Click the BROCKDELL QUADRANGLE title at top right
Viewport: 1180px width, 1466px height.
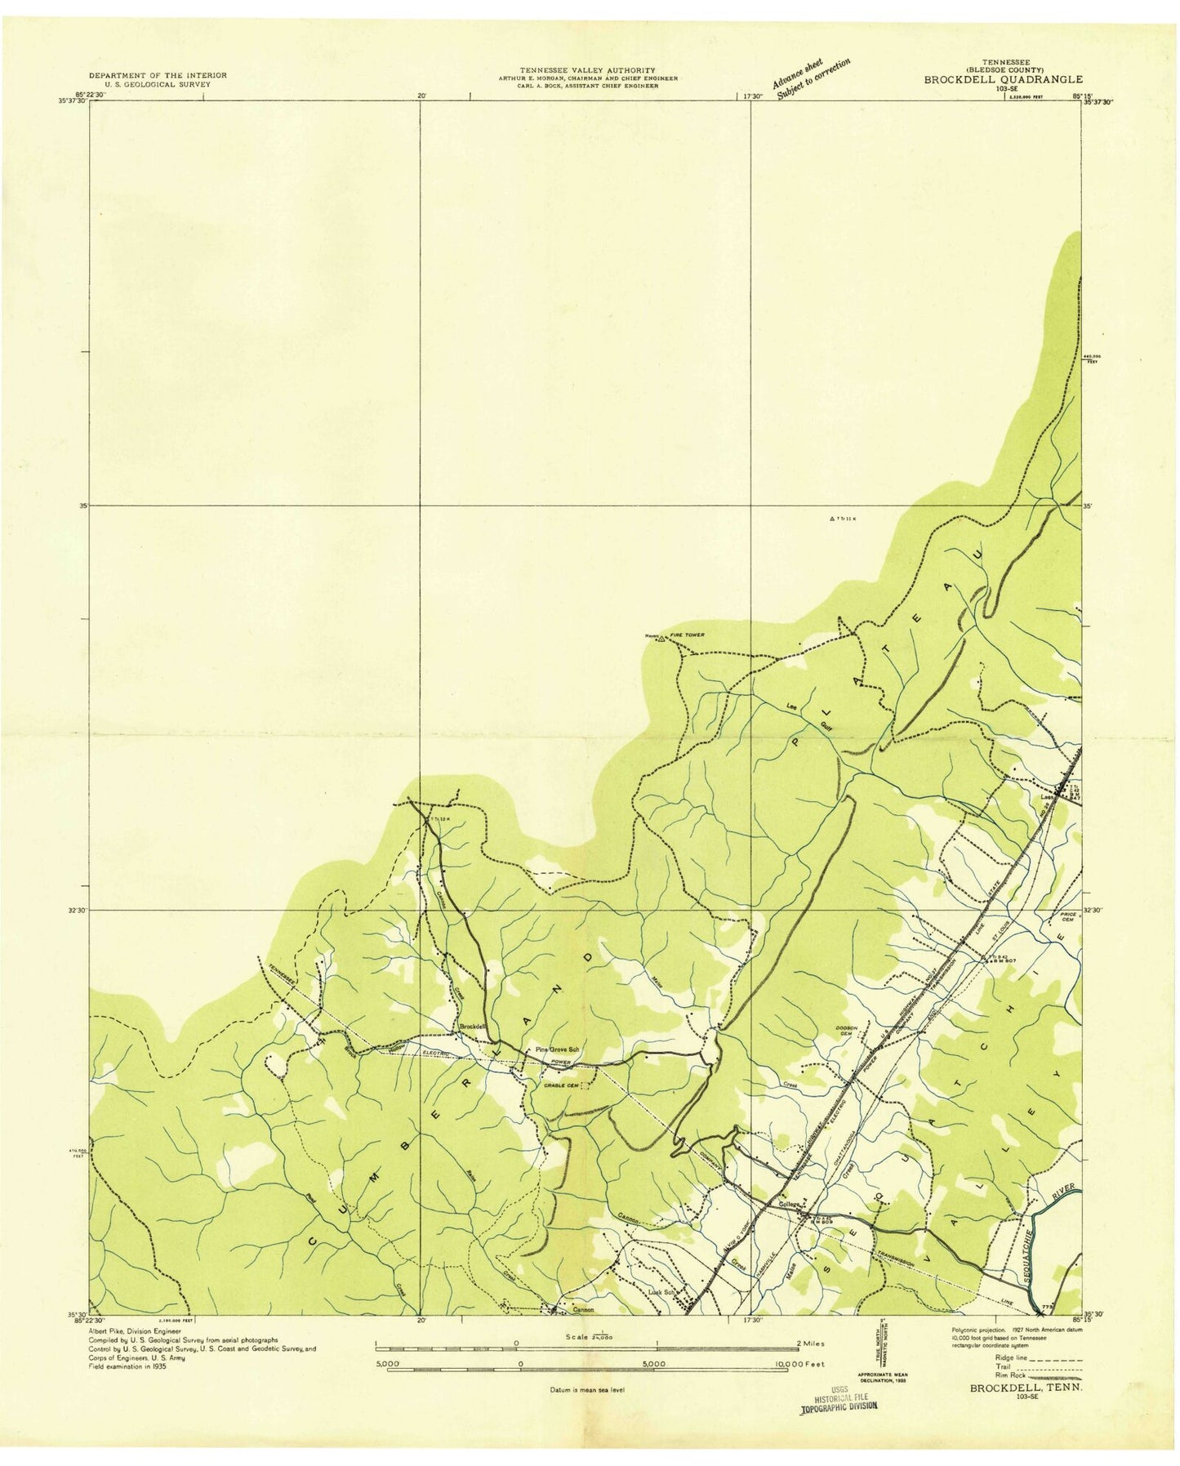(1003, 79)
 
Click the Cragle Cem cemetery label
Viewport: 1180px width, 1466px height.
(562, 1085)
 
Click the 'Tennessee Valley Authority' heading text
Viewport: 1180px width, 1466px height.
(588, 71)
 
